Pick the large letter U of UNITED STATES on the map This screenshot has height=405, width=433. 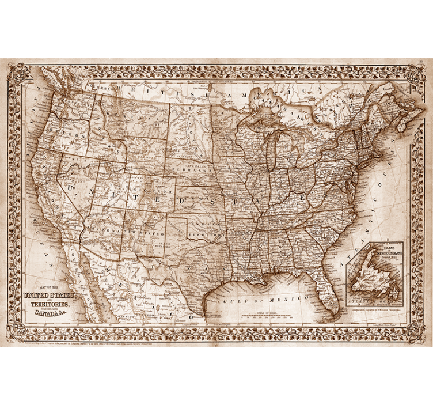tap(72, 187)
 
